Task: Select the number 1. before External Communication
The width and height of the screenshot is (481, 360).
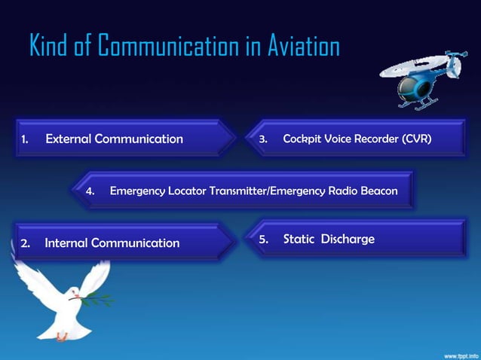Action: (24, 139)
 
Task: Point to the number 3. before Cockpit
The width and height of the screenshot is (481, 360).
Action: (263, 139)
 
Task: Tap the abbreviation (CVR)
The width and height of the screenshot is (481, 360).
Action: (417, 139)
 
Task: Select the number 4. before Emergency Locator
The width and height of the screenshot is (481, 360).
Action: (90, 191)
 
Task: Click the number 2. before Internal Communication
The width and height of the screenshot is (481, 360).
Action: (25, 243)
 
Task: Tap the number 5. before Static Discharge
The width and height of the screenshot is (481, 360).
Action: (264, 239)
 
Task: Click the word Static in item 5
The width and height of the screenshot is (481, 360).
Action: (299, 239)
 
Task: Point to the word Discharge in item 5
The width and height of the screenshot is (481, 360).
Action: (348, 239)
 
